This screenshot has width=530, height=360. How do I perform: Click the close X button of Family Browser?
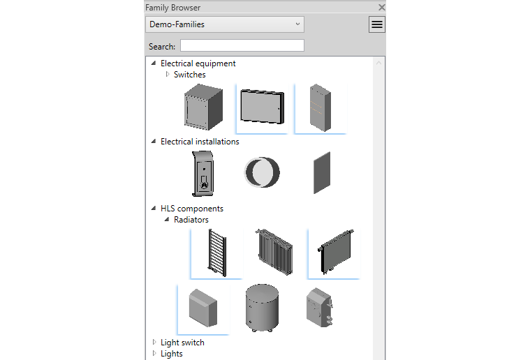(381, 7)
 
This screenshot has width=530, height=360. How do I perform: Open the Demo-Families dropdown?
(225, 24)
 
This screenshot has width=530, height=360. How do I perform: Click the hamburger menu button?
(377, 24)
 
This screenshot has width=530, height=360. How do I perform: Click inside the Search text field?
(242, 46)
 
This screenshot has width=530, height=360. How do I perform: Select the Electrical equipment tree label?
(198, 63)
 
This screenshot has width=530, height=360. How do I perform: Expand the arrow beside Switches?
(168, 74)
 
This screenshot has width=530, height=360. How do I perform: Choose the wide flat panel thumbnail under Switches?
(262, 107)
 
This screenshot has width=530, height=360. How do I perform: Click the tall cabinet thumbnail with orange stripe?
(321, 108)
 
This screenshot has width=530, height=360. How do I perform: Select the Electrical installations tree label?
(200, 142)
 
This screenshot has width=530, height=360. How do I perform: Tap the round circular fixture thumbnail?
(262, 172)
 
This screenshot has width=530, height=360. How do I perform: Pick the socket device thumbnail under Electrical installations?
(202, 174)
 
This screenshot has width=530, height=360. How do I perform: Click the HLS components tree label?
(191, 209)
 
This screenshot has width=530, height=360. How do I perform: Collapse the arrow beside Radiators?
(167, 220)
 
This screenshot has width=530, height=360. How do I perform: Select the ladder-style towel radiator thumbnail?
(215, 253)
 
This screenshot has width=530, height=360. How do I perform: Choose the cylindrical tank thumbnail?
(261, 308)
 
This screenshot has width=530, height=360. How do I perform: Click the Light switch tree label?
(182, 343)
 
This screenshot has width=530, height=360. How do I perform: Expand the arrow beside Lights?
(154, 353)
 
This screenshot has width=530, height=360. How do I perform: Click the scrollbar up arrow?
(379, 63)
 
